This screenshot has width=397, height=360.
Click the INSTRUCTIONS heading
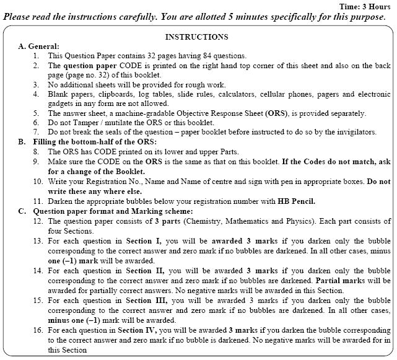click(197, 37)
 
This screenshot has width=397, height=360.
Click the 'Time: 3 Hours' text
click(365, 6)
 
